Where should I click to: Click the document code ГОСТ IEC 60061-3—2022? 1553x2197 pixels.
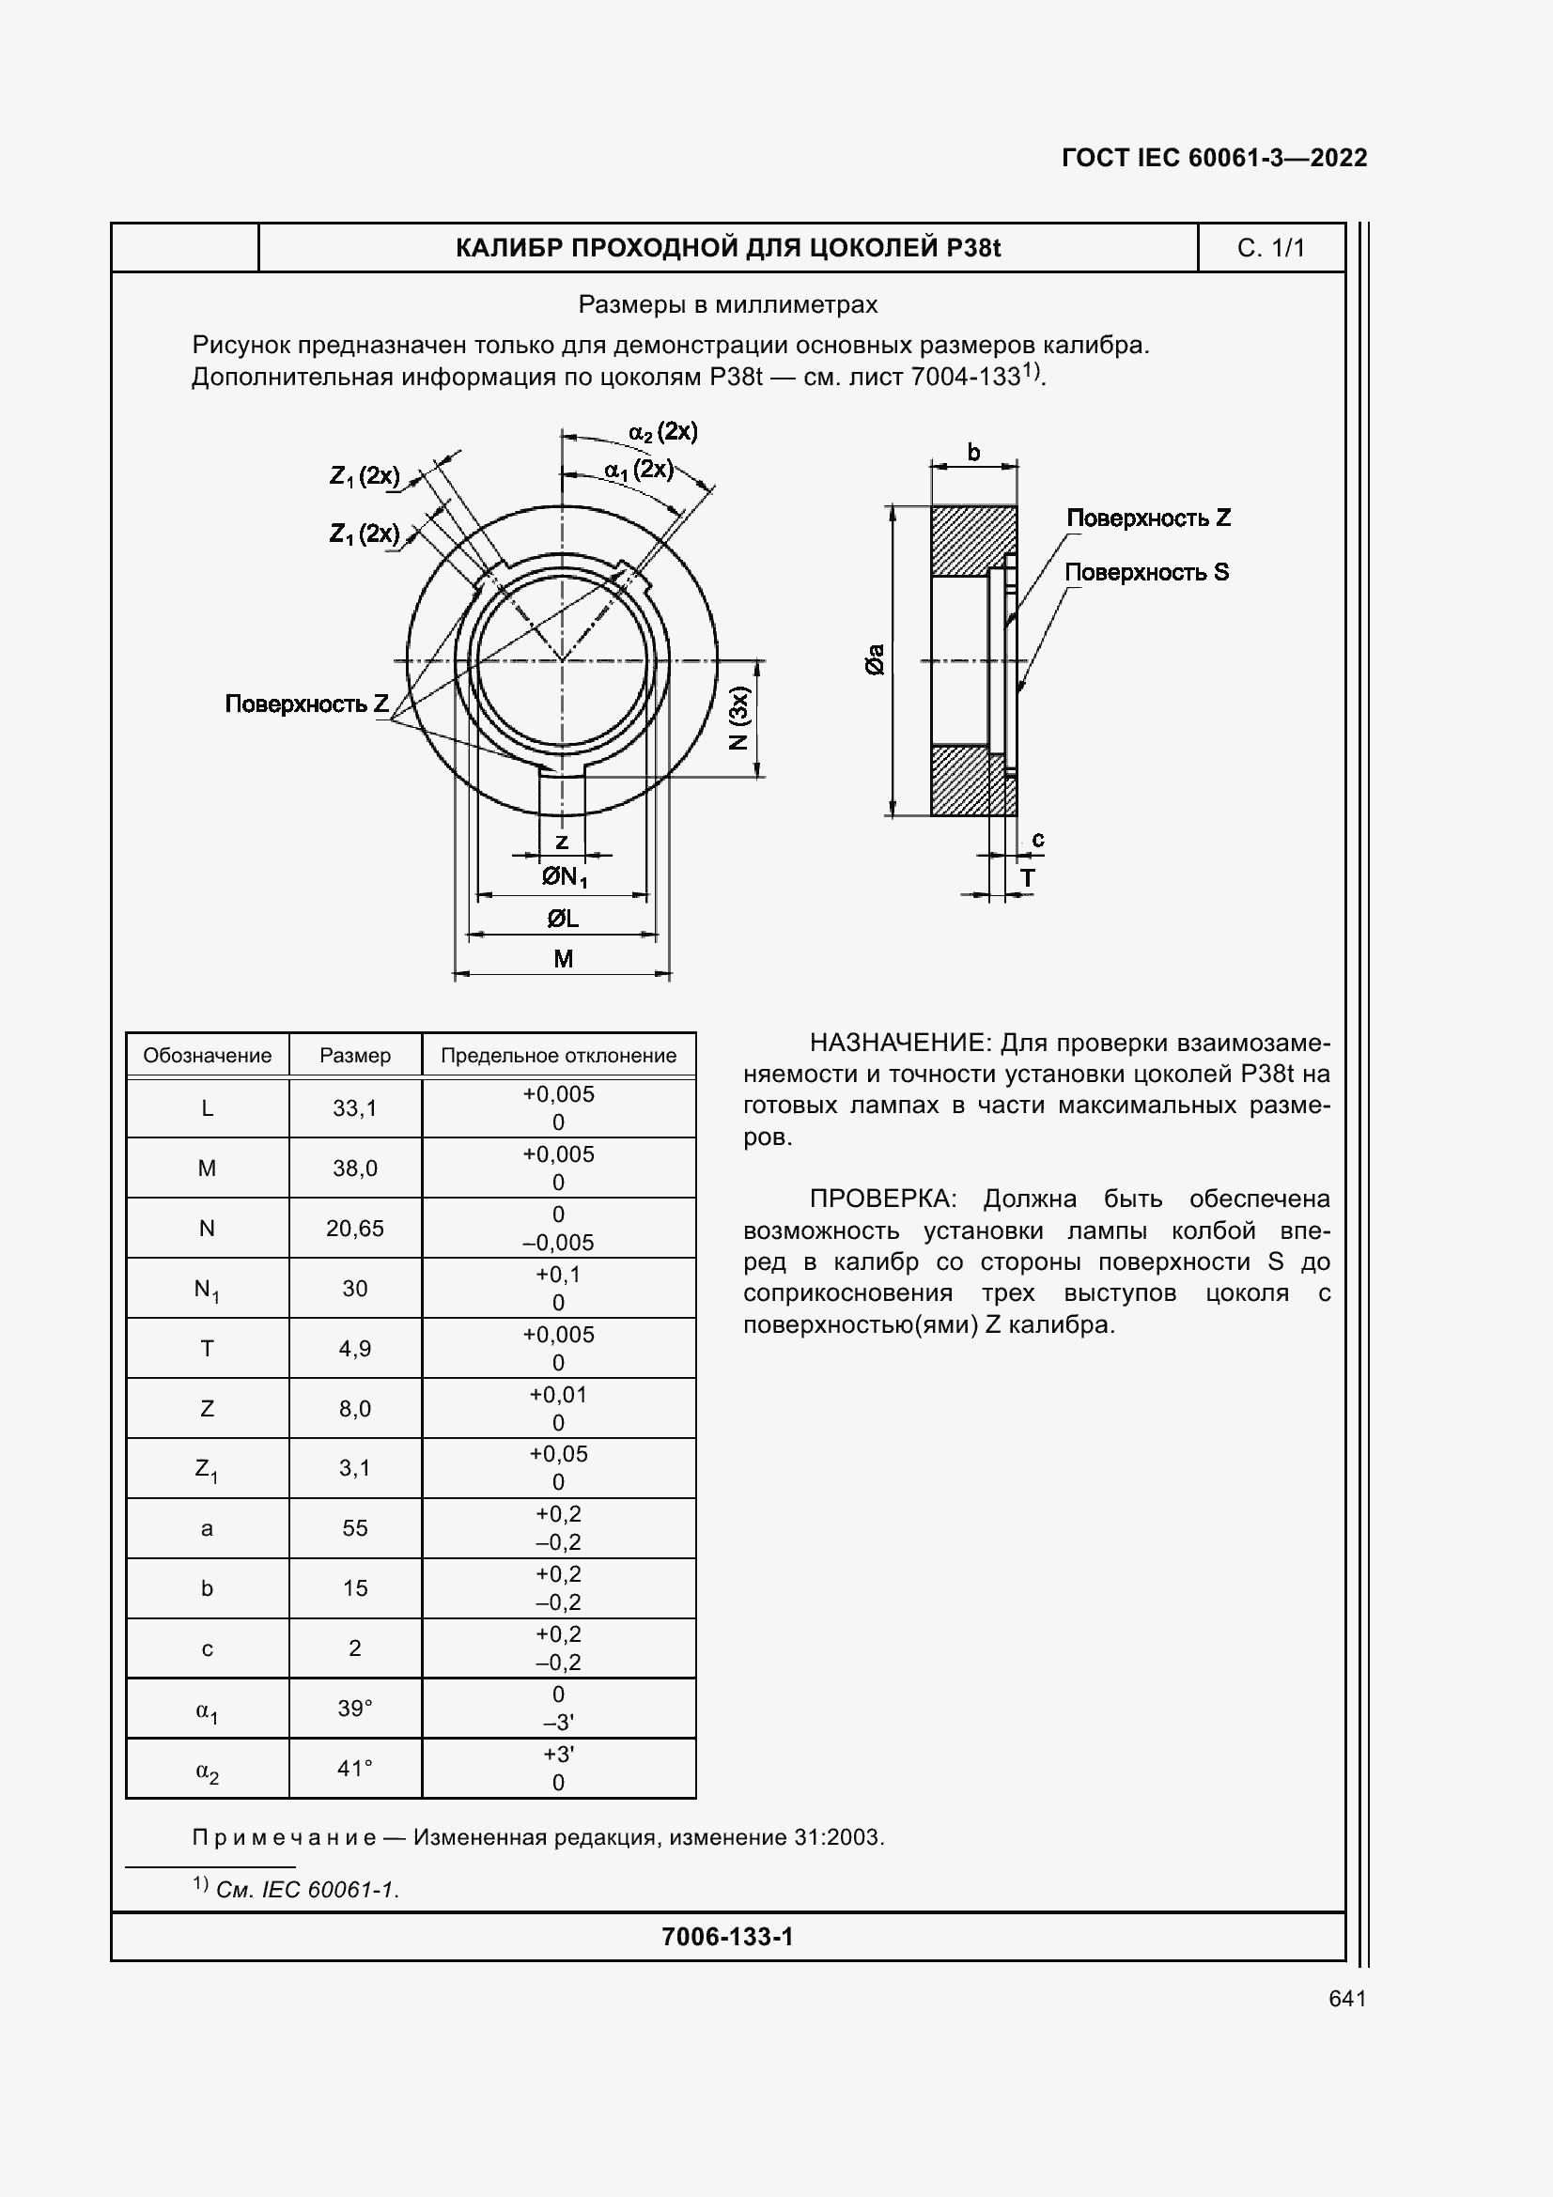click(1213, 158)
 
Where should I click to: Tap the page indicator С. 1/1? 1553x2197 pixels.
click(1270, 248)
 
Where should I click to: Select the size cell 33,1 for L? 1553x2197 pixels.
click(354, 1108)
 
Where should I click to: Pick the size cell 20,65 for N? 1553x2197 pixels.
click(354, 1229)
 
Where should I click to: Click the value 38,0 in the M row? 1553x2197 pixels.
click(354, 1168)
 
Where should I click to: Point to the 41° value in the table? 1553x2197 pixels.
click(354, 1769)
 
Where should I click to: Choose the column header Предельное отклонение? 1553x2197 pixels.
click(558, 1056)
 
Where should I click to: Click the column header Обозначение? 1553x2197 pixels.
click(207, 1056)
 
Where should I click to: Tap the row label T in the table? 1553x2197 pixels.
click(207, 1348)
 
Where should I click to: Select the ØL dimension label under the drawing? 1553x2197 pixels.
click(563, 919)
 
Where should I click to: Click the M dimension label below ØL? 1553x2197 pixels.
click(563, 959)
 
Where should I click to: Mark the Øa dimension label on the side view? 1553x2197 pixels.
click(875, 659)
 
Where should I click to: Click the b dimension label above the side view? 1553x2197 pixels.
click(973, 453)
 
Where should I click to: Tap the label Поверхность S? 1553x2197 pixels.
click(1146, 572)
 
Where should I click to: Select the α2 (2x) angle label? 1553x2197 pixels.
click(663, 431)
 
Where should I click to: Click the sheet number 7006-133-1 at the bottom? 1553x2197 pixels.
click(727, 1937)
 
